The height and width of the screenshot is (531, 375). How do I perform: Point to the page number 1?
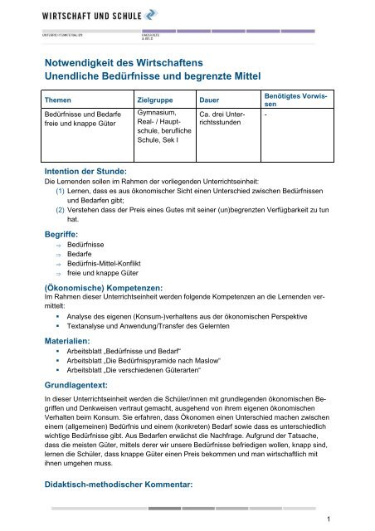click(353, 519)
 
